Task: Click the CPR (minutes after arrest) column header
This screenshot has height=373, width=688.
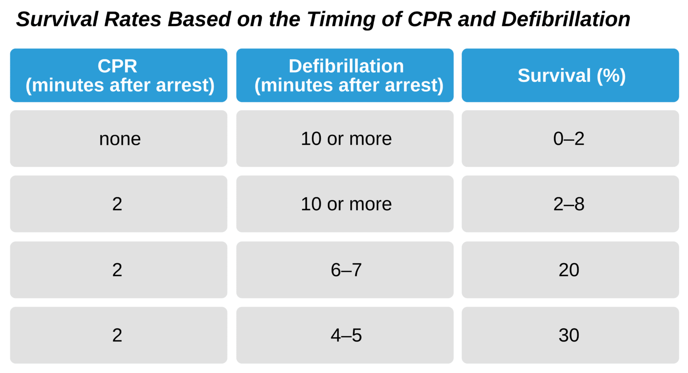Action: point(119,75)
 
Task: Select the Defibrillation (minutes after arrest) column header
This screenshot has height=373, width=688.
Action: point(344,75)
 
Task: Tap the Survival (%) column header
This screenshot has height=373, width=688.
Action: point(570,75)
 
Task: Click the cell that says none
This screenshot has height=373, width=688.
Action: point(119,139)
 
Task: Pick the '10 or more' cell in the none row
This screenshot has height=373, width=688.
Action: point(344,139)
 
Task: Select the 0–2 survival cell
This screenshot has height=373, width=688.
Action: point(570,139)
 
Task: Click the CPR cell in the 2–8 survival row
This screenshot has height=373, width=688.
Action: point(119,204)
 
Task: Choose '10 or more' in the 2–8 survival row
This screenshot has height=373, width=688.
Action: point(344,204)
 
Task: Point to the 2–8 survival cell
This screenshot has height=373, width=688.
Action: point(570,204)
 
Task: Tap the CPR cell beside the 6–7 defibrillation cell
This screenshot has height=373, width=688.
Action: point(119,270)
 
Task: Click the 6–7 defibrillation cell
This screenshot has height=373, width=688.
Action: point(344,270)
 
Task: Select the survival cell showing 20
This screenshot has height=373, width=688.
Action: point(570,270)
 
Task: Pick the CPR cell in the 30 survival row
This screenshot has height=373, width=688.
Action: point(119,335)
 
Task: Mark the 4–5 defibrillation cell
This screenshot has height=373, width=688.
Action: point(344,335)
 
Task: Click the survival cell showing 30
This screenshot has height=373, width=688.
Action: point(570,335)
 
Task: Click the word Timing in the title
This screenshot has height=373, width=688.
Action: point(341,20)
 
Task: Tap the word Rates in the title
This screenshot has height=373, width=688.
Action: point(133,19)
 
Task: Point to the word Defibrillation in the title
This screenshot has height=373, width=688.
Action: point(566,19)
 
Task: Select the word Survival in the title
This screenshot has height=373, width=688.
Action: point(57,19)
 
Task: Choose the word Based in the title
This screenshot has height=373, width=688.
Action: point(199,19)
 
